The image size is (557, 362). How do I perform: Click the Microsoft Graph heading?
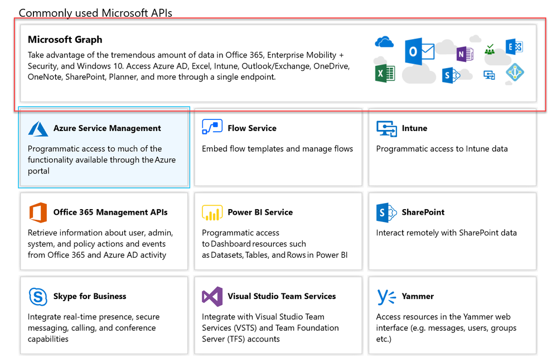(x=65, y=40)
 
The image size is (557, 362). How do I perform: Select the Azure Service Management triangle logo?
(x=38, y=129)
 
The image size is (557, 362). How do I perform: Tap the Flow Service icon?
(x=212, y=127)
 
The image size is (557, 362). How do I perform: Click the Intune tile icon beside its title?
(x=386, y=129)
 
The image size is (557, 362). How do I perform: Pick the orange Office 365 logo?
(x=38, y=213)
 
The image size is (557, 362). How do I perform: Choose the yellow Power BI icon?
(x=212, y=213)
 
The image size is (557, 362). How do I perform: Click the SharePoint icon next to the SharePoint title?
(x=386, y=213)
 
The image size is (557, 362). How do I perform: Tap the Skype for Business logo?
(x=38, y=297)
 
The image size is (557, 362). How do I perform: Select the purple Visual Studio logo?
(x=212, y=296)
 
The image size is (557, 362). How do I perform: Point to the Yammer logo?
(x=386, y=297)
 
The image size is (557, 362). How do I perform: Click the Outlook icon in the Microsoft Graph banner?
(x=419, y=51)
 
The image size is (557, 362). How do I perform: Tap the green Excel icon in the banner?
(x=385, y=74)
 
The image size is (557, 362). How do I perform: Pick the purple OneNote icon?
(x=465, y=54)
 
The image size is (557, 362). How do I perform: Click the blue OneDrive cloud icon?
(x=384, y=42)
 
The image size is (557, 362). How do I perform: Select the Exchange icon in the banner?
(x=514, y=46)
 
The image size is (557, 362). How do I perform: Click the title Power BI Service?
(x=260, y=213)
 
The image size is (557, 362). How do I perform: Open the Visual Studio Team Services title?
(x=282, y=296)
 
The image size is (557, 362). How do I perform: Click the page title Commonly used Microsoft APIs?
(x=95, y=13)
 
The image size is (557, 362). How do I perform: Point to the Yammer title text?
(x=418, y=296)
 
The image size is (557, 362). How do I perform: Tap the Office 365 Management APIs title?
(x=110, y=213)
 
